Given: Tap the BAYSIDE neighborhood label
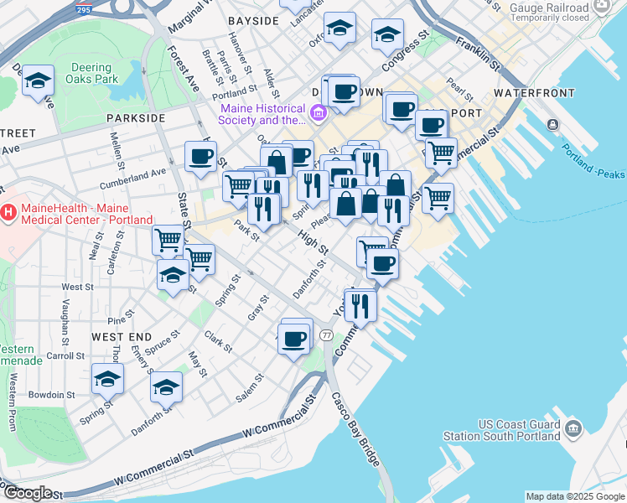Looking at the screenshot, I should click(x=253, y=20).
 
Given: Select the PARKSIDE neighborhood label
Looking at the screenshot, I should click(x=136, y=118).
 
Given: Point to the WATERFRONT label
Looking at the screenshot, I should click(x=532, y=91).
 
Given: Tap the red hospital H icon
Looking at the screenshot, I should click(x=9, y=214).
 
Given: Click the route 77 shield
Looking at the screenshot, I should click(x=326, y=335).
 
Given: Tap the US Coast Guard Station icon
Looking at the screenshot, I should click(x=573, y=430).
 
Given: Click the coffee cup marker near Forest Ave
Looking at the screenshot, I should click(x=200, y=156).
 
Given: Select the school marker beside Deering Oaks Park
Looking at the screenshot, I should click(x=38, y=81).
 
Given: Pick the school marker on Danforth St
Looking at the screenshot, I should click(x=167, y=388).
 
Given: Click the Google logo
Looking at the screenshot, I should click(x=27, y=494).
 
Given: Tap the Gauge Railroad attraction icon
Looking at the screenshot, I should click(x=602, y=8).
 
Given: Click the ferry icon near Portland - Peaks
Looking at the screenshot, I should click(x=552, y=125).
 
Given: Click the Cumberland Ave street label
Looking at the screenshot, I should click(x=133, y=176).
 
